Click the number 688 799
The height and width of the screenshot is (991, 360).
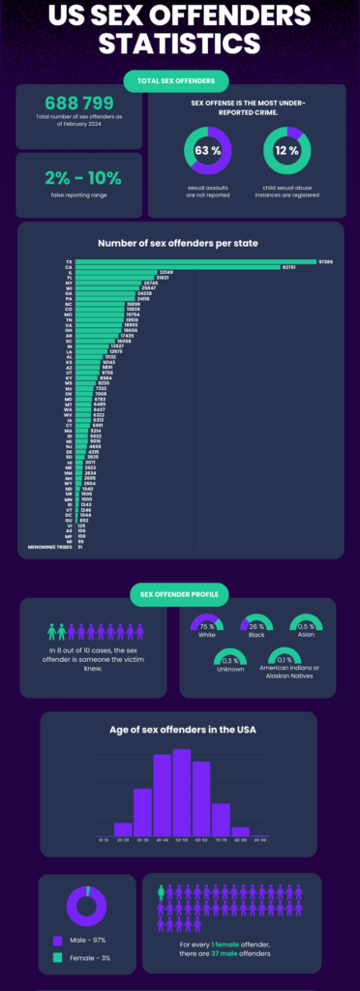point(79,102)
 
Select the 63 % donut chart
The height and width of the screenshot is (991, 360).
point(207,150)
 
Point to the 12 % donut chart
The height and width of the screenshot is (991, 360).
point(286,150)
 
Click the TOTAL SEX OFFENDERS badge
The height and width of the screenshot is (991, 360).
point(175,80)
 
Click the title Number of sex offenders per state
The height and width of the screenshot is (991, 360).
point(179,243)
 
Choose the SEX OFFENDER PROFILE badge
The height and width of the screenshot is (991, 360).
point(179,592)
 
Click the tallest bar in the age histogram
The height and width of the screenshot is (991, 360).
point(181,792)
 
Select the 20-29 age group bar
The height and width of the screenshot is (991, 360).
point(123,828)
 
